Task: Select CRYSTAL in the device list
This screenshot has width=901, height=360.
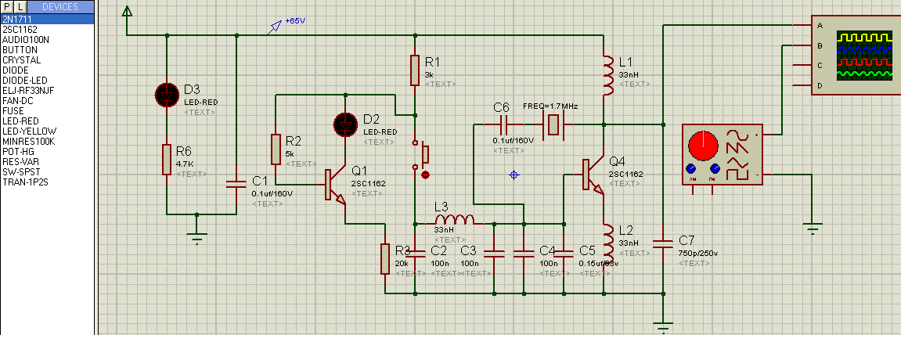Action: [21, 59]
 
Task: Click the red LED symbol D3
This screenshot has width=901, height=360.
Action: [167, 95]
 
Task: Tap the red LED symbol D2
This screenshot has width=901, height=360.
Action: [345, 124]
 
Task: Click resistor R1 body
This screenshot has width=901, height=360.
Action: [416, 70]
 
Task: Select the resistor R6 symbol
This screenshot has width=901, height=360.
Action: [167, 159]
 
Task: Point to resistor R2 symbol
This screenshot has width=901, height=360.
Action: [276, 149]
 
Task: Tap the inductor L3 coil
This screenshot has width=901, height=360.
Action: [455, 220]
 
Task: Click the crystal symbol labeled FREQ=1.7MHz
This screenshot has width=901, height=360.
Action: [555, 124]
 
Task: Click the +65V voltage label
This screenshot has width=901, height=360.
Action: [295, 20]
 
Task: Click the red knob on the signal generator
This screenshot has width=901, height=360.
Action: [702, 146]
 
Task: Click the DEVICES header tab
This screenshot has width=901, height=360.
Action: [59, 7]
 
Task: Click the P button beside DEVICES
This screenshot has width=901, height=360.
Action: [8, 7]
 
